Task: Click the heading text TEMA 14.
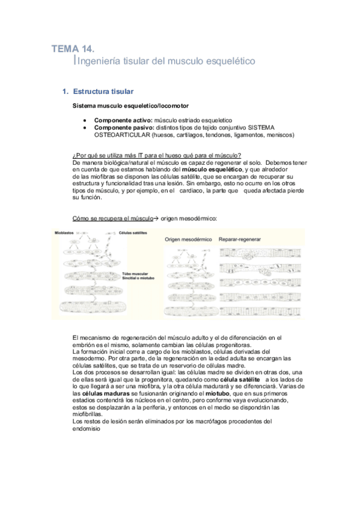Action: point(73,49)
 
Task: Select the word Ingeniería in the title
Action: point(97,61)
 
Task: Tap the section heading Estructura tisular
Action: point(103,92)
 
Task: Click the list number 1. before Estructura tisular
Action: point(66,92)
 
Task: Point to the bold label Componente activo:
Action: point(123,120)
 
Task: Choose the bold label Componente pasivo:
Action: point(124,127)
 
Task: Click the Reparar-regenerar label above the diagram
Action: point(240,239)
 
